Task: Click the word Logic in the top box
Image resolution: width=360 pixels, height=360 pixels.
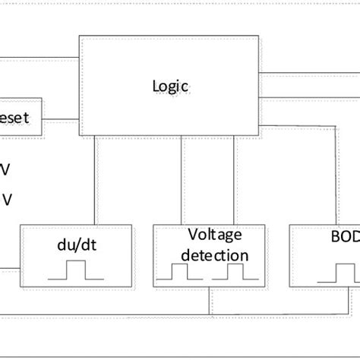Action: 168,87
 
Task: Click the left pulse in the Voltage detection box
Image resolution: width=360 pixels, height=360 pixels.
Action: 179,271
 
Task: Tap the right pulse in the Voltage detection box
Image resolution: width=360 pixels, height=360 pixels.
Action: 234,271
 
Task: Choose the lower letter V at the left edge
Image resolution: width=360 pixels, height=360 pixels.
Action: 6,199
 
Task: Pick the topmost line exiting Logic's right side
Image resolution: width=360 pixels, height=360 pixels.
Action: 309,73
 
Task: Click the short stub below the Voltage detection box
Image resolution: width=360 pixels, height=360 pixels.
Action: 208,303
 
